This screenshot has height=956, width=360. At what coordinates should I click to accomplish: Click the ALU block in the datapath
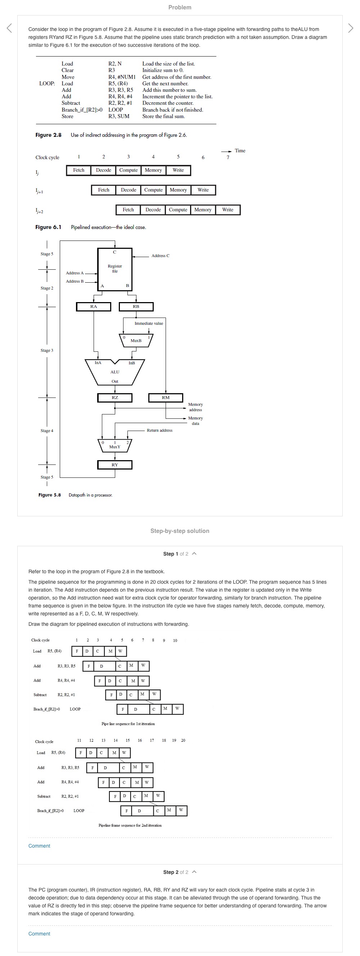point(115,372)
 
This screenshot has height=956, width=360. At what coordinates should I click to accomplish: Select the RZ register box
point(115,398)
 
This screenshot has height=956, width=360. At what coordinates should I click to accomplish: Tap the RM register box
point(166,398)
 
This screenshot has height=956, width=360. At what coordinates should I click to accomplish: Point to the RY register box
point(115,465)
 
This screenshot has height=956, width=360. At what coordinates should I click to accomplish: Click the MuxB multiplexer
point(136,340)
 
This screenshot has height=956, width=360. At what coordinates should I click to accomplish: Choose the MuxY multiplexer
point(115,445)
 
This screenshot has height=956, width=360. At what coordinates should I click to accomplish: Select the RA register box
point(94,306)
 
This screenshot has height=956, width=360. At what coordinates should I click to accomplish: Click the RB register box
point(136,306)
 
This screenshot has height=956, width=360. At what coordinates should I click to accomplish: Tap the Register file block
point(115,269)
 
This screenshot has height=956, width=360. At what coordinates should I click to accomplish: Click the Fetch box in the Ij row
point(79,170)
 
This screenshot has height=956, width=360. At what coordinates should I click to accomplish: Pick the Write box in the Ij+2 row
point(228,210)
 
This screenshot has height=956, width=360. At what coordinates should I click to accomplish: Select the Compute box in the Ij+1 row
point(153,190)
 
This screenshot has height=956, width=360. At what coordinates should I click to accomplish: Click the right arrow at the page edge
point(350,28)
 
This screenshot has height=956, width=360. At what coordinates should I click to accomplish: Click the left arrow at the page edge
point(9,28)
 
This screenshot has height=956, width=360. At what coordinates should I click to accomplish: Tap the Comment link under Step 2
point(39,934)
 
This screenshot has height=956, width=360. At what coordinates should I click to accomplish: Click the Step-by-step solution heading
point(180,531)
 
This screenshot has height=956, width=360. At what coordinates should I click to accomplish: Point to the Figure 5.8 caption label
point(49,495)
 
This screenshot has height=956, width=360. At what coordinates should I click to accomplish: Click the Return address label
point(159,431)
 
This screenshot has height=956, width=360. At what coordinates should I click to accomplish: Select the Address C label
point(160,256)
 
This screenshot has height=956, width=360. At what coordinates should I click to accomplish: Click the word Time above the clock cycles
point(240,151)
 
